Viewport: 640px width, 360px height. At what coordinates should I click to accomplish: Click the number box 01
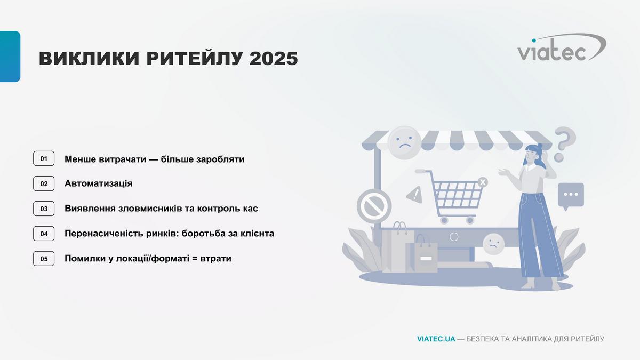(44, 158)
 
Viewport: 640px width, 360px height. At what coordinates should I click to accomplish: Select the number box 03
(44, 209)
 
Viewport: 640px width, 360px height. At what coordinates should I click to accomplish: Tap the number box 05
(44, 259)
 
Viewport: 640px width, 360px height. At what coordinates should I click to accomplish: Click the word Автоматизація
(99, 183)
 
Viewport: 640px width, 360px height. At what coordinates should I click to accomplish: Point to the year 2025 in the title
(274, 59)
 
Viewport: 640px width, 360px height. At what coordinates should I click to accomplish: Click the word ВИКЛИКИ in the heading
(89, 59)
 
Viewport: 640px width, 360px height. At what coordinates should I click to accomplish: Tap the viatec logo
(562, 47)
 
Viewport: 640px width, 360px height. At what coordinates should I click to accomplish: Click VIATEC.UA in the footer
(436, 339)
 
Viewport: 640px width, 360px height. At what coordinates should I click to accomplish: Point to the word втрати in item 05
(215, 259)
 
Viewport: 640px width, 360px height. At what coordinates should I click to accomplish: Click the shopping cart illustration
(452, 196)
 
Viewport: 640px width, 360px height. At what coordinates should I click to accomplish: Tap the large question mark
(565, 145)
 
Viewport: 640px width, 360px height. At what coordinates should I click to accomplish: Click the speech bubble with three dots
(571, 196)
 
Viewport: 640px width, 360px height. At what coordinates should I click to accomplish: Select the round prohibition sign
(374, 206)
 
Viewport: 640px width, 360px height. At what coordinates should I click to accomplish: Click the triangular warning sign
(415, 195)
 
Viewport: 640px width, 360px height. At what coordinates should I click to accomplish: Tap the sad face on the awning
(405, 142)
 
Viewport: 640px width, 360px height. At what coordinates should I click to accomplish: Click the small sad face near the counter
(493, 244)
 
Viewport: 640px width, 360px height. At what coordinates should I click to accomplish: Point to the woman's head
(533, 154)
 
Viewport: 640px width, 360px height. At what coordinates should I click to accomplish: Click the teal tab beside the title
(10, 57)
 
